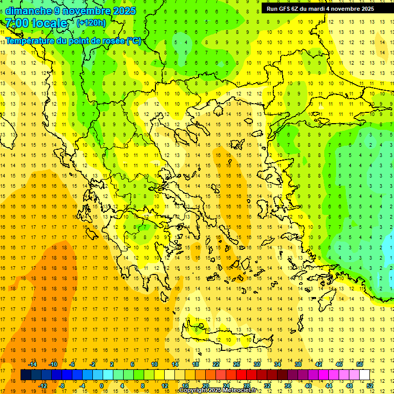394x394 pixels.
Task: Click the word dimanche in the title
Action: coord(28,11)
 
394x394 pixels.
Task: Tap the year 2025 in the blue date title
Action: coord(124,11)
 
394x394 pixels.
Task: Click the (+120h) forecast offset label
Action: coord(91,23)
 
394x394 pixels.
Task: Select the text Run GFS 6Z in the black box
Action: coord(282,9)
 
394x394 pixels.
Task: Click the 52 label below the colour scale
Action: coord(370,386)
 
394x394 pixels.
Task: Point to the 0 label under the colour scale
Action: coord(101,386)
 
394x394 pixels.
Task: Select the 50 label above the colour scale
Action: coord(360,364)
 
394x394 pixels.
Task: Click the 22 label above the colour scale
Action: coord(216,364)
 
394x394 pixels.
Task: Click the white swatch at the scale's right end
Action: coord(365,375)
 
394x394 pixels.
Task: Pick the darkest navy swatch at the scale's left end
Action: coord(26,375)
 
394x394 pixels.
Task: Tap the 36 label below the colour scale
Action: coord(288,386)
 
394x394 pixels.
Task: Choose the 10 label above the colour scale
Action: coord(154,364)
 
